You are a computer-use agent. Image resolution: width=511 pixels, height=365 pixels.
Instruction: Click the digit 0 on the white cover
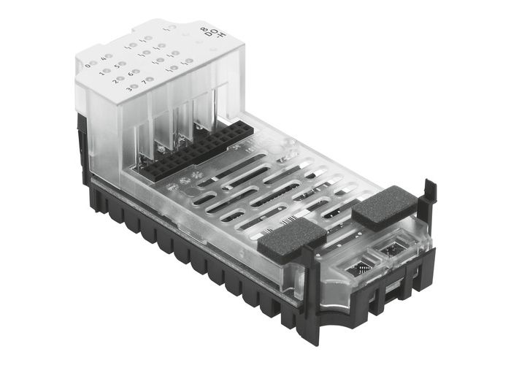coord(88,65)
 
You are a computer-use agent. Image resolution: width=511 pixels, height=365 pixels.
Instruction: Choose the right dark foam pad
coord(380,207)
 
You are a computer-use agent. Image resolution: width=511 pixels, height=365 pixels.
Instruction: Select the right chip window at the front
coord(399,250)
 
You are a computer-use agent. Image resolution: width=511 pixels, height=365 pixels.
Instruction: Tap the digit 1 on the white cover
coord(101,72)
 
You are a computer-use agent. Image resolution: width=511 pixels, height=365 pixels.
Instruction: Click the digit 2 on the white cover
coord(115,80)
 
